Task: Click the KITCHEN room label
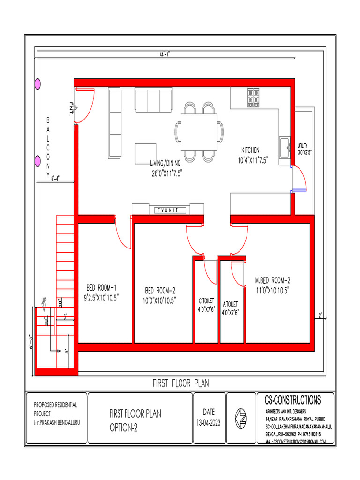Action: (250, 150)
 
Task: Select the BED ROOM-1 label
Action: (101, 287)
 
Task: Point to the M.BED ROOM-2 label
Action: (273, 280)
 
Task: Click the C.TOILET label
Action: (206, 300)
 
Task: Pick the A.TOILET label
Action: (230, 303)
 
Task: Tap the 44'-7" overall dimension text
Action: (165, 54)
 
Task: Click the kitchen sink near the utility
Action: (284, 148)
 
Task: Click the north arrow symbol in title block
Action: (241, 416)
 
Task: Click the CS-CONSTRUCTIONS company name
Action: (292, 400)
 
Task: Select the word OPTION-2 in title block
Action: (124, 428)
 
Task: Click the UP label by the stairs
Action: (44, 300)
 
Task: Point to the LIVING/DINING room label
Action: (165, 164)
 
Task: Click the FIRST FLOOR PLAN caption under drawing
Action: (180, 383)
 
